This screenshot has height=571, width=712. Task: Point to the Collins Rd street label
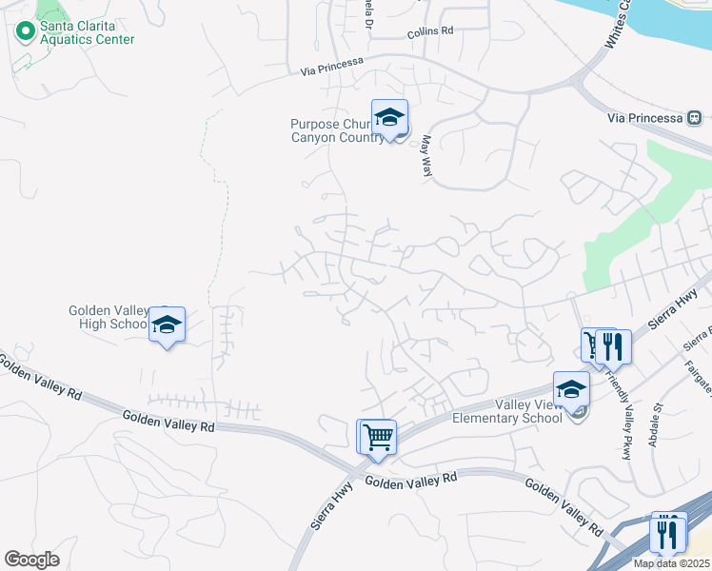(x=430, y=31)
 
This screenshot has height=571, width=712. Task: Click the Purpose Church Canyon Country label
(x=338, y=129)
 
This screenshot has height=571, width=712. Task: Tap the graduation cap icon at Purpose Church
(x=389, y=117)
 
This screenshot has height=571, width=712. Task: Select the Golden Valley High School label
(x=108, y=317)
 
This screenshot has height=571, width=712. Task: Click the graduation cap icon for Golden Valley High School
(x=168, y=325)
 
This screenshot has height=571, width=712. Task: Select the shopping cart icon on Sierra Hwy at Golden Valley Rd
(x=376, y=437)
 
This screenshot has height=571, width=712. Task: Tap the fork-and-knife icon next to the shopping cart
(x=613, y=346)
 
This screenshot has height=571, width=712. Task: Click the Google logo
(x=31, y=560)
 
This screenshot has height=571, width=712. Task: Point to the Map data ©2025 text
(x=671, y=563)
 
